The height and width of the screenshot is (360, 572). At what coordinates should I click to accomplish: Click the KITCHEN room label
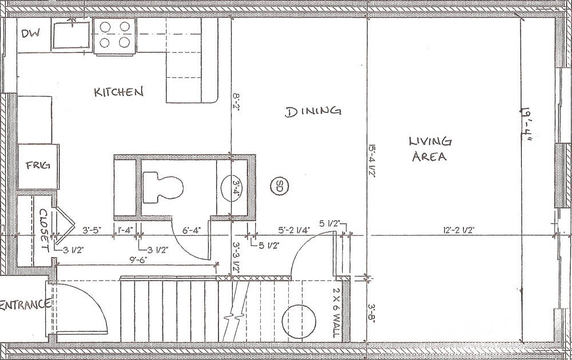118,92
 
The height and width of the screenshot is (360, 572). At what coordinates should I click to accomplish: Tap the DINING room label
313,112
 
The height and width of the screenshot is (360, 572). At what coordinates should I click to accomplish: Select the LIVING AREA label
430,149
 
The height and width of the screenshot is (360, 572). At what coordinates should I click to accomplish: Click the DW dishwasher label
30,33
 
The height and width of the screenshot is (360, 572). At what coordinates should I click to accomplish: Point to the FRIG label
38,165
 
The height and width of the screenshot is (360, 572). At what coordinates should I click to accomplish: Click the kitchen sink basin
71,35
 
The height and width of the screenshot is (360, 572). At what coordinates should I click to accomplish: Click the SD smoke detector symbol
279,186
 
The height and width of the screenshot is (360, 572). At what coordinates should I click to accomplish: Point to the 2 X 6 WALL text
336,313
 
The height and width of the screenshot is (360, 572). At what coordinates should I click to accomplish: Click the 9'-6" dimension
138,260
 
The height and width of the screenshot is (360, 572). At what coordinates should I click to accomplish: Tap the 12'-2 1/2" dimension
459,231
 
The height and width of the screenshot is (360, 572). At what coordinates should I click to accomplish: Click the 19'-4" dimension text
526,125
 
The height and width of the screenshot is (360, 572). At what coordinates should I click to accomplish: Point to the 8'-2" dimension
236,102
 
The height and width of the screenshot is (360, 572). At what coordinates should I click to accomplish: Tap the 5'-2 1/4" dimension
294,230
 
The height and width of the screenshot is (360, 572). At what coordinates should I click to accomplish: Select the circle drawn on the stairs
299,322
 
